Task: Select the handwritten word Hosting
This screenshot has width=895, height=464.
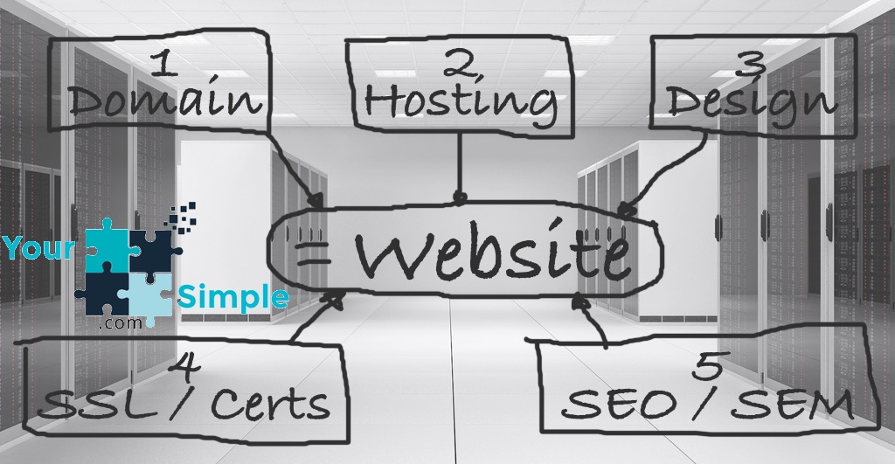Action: [460, 103]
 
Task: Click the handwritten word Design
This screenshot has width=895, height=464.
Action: [753, 103]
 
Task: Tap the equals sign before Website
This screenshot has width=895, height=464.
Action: [314, 255]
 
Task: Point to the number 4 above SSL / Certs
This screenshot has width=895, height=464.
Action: [184, 366]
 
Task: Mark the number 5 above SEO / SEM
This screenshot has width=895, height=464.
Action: [709, 366]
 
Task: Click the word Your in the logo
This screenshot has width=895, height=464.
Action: [38, 247]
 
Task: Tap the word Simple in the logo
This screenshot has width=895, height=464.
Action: [233, 297]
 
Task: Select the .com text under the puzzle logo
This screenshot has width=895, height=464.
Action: [120, 323]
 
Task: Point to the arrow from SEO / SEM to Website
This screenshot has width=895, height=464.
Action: [593, 320]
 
